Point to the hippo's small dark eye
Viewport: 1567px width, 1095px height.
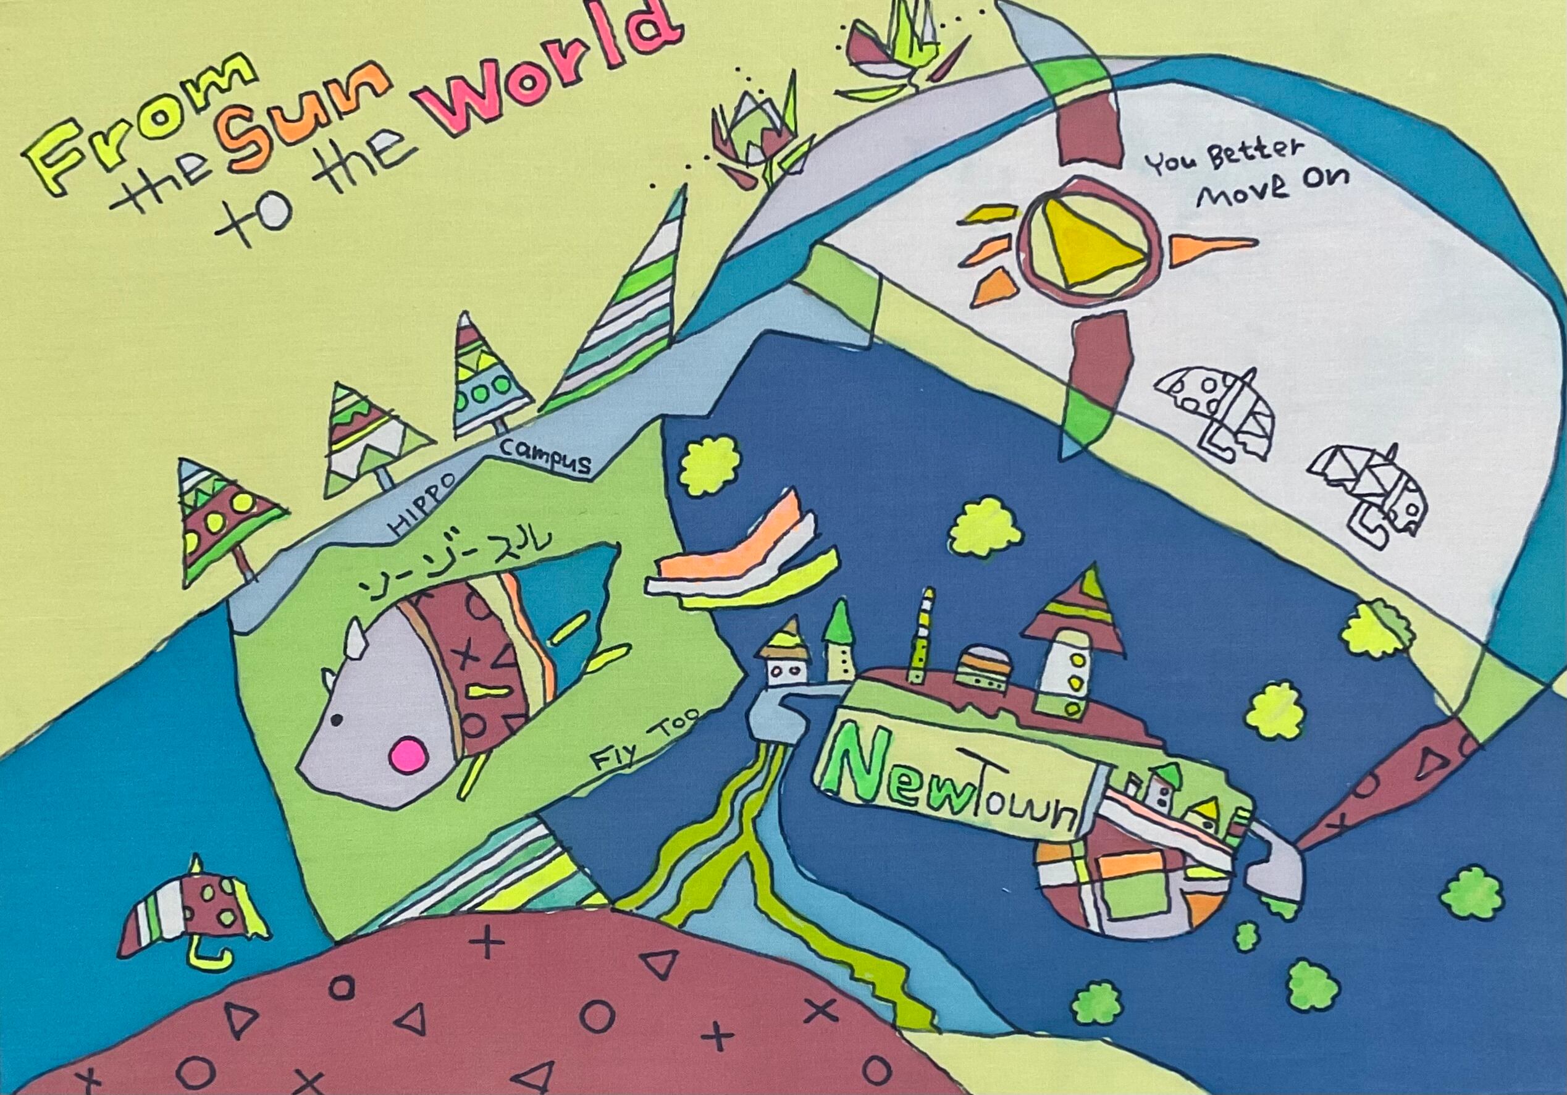337,720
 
